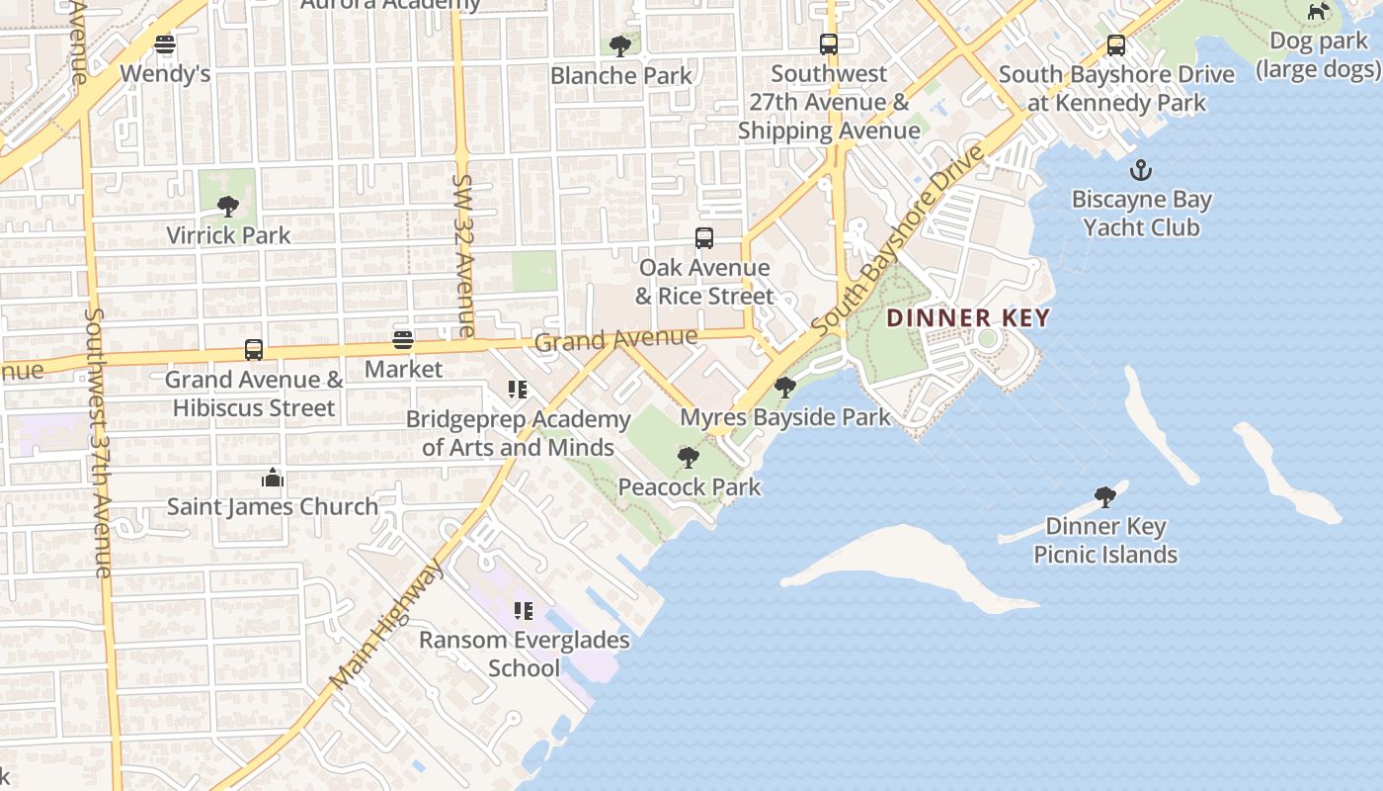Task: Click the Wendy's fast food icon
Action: tap(165, 44)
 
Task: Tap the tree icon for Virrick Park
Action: tap(228, 207)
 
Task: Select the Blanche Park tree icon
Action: tap(620, 45)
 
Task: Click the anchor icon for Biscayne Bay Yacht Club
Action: tap(1141, 170)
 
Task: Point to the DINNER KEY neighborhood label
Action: tap(967, 318)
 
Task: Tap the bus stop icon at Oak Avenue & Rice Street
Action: tap(703, 238)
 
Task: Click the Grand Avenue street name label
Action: tap(615, 339)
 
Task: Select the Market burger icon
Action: tap(403, 340)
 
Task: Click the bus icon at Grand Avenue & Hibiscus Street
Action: tap(254, 350)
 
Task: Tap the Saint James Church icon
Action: tap(273, 479)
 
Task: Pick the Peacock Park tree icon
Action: tap(689, 458)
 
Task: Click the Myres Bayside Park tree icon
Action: tap(785, 388)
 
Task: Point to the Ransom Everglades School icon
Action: tap(524, 611)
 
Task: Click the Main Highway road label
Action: tap(388, 625)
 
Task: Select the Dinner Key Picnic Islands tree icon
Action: tap(1105, 497)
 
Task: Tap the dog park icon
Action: tap(1318, 12)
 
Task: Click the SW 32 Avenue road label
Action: tap(464, 255)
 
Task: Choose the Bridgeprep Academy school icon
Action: tap(518, 391)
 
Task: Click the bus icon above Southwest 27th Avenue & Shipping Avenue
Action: tap(829, 44)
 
